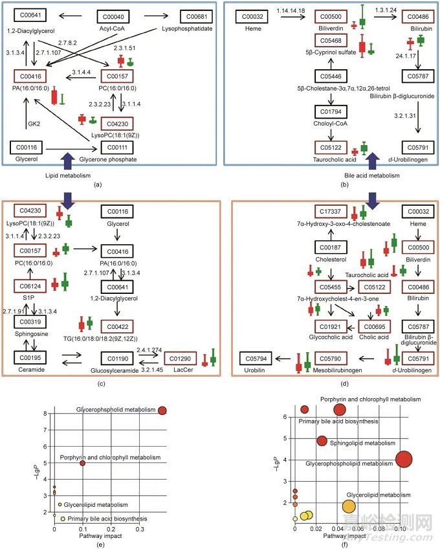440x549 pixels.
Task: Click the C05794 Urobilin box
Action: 258,357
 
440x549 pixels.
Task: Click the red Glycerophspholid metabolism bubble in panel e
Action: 162,410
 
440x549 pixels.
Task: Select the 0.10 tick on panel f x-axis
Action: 402,530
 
